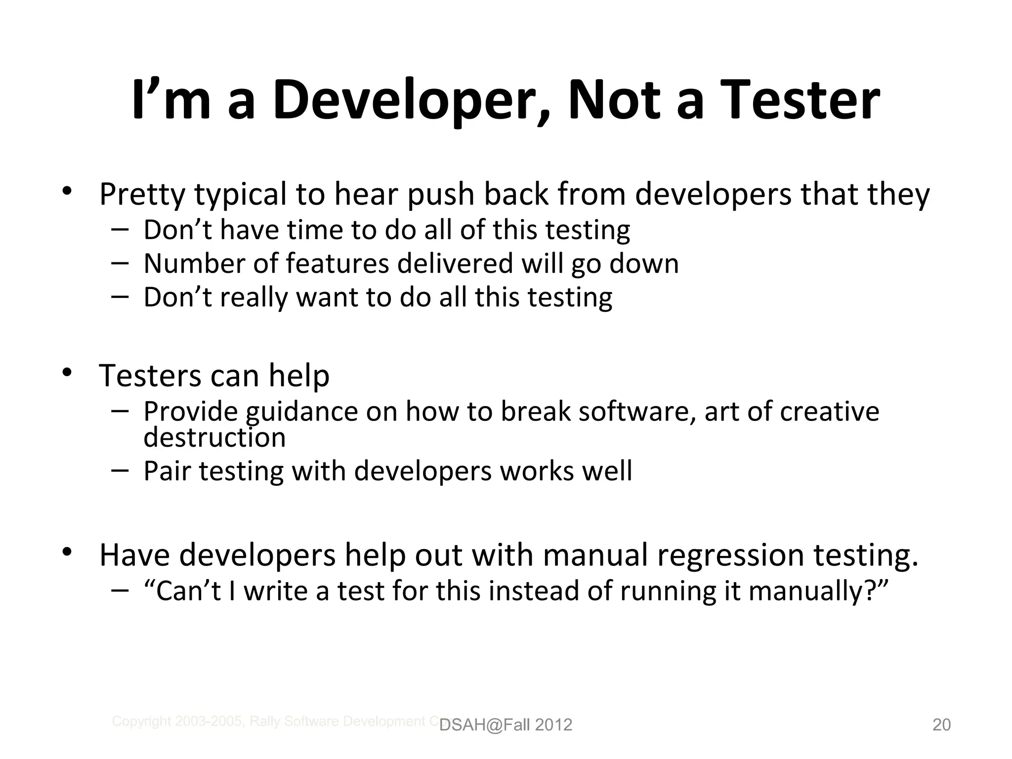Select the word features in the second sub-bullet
pos(337,263)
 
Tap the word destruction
pos(214,438)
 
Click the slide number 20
pos(941,725)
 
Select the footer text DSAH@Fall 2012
pos(506,725)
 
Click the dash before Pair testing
pos(120,470)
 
